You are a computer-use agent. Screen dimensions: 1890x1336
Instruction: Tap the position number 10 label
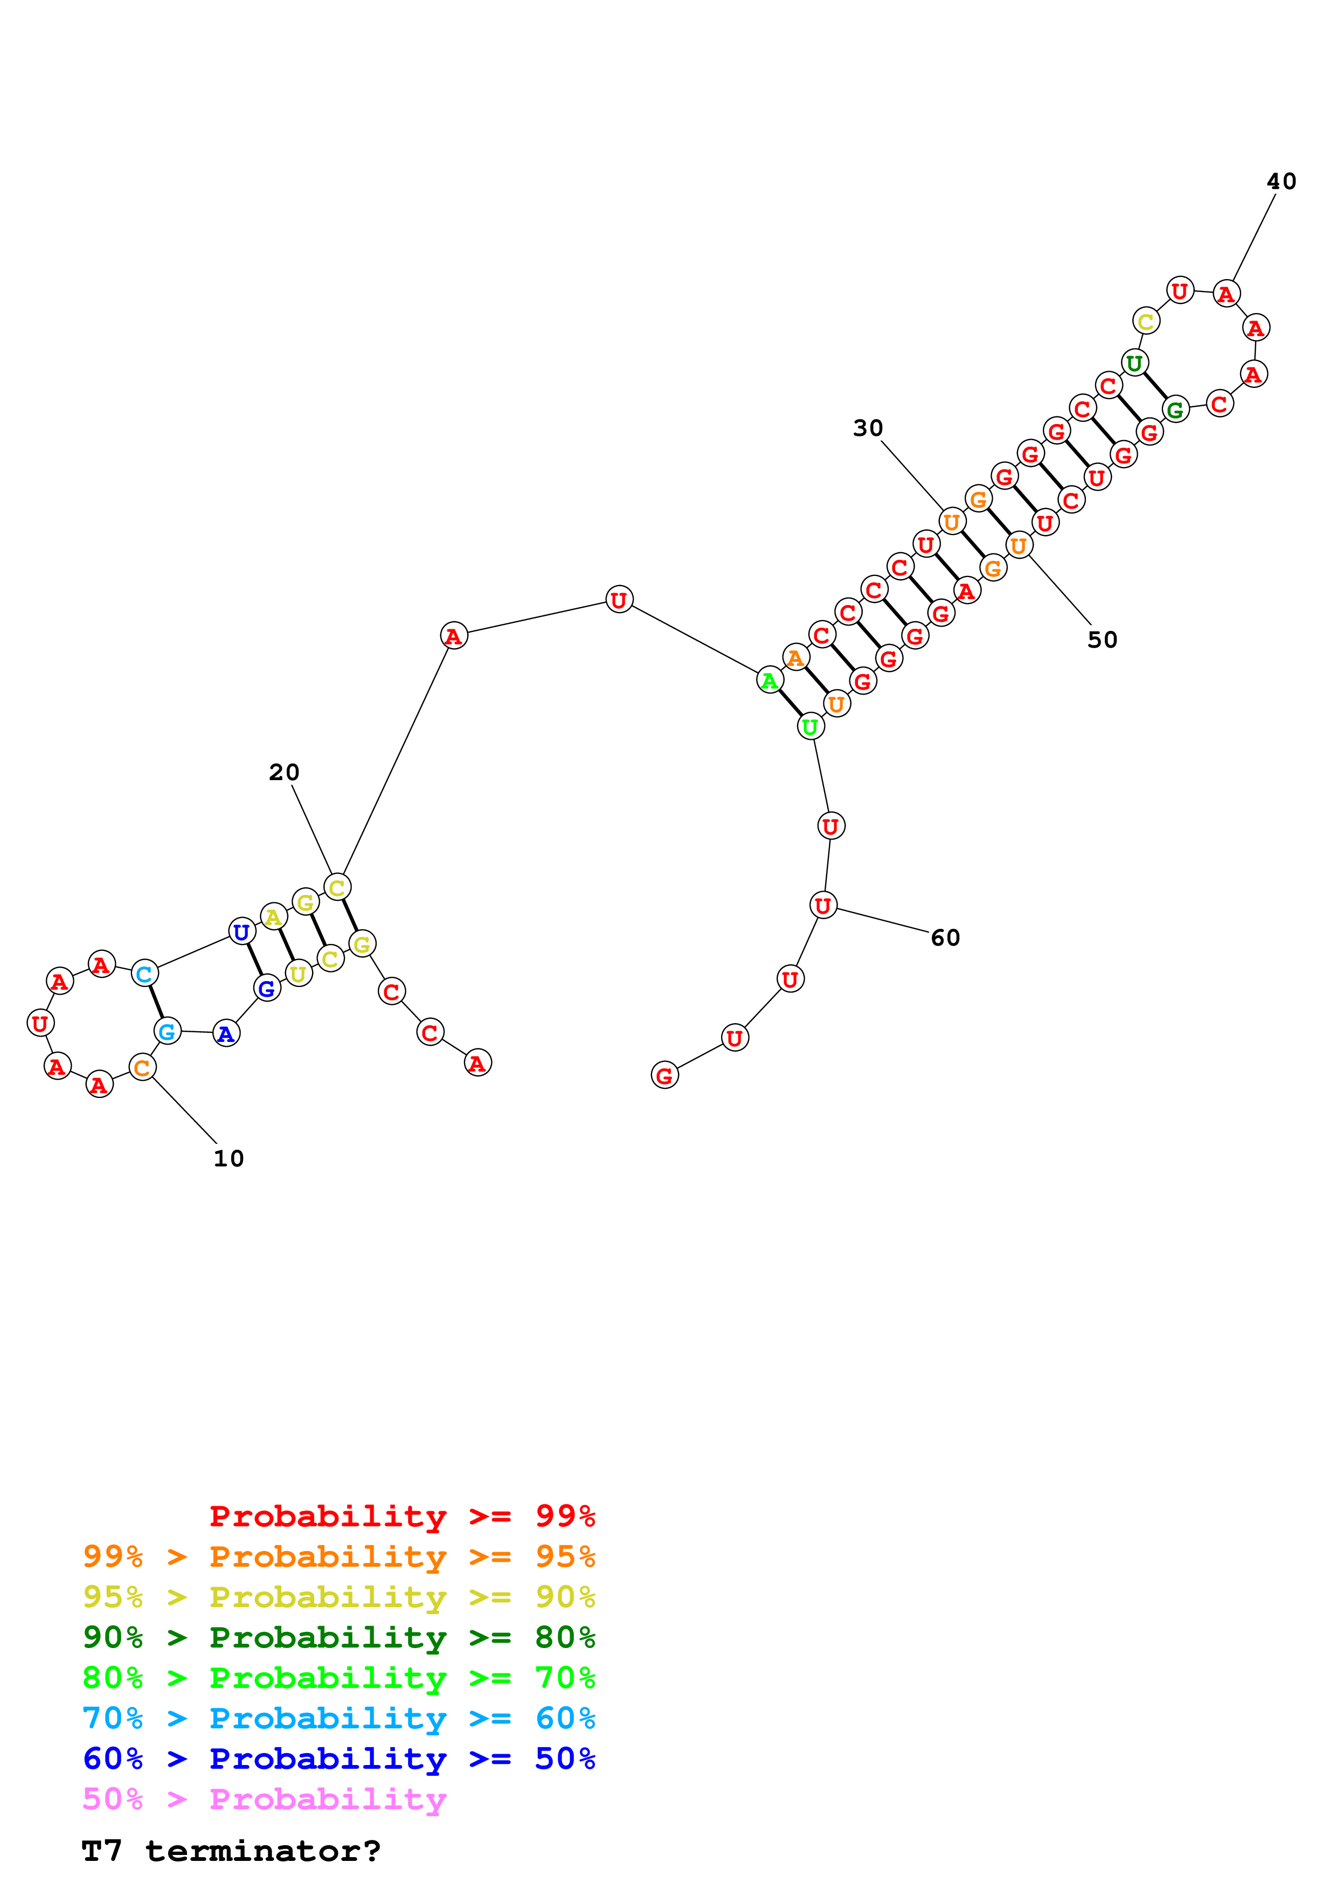click(229, 1159)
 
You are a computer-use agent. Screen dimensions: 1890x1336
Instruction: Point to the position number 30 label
click(868, 428)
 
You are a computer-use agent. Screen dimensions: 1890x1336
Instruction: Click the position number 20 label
click(284, 772)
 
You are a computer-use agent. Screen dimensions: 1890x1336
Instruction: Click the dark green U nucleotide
click(1134, 363)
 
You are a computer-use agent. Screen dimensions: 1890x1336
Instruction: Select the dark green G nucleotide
click(1175, 409)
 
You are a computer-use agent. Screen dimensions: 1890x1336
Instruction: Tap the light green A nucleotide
click(769, 681)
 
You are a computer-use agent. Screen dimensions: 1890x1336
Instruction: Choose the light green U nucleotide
click(810, 727)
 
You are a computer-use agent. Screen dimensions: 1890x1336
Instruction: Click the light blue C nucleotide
click(144, 974)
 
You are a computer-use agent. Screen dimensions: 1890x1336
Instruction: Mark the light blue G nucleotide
click(167, 1031)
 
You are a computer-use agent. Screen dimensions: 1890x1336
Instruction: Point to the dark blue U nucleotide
click(241, 933)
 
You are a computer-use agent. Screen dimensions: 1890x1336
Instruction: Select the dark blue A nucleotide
click(226, 1034)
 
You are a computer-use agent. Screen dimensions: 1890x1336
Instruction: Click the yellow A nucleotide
click(273, 917)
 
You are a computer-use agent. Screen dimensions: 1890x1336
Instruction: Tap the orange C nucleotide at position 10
click(142, 1068)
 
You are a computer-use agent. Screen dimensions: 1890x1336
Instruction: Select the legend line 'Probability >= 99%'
click(402, 1516)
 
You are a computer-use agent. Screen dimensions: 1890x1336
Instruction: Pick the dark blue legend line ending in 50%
click(338, 1759)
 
